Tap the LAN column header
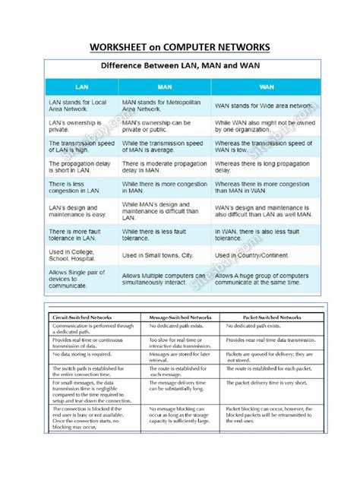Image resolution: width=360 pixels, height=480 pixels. [x=81, y=87]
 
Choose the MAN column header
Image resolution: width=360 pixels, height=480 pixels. [x=164, y=87]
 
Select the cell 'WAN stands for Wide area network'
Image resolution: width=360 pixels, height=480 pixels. [x=263, y=105]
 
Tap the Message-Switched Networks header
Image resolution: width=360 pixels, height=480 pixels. [x=180, y=316]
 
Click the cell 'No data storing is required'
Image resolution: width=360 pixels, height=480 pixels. [x=82, y=354]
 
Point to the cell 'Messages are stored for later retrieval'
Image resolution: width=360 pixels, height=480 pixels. [x=179, y=356]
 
